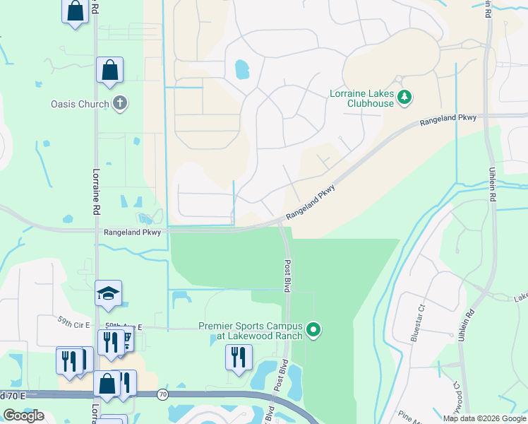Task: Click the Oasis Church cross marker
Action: coord(120,104)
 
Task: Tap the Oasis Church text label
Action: coord(80,105)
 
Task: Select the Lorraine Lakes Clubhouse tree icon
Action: coord(404,97)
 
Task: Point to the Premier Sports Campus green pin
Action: coord(315,330)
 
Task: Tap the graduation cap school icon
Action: coord(109,295)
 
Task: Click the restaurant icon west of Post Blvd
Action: coord(239,357)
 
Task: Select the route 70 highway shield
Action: coord(163,395)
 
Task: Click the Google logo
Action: coord(23,416)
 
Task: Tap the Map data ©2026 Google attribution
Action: coord(484,418)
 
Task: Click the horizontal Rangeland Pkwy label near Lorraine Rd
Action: coord(132,232)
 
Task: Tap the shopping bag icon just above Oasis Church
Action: coord(109,71)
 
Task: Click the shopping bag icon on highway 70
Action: coord(107,385)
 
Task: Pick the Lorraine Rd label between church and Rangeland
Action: coord(96,192)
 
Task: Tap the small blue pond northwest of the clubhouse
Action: coord(241,69)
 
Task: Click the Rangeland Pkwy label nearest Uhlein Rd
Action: coord(448,120)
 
